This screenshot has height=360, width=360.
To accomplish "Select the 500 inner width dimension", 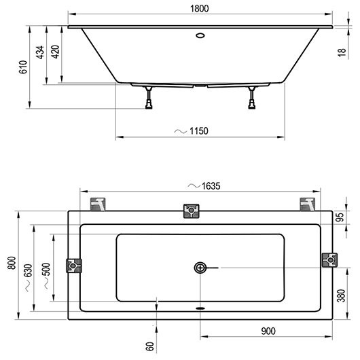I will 46,268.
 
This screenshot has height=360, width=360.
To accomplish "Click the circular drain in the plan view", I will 200,268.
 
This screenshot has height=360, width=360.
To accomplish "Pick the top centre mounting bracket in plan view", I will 192,213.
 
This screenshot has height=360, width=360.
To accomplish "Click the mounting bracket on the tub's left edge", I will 73,264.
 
